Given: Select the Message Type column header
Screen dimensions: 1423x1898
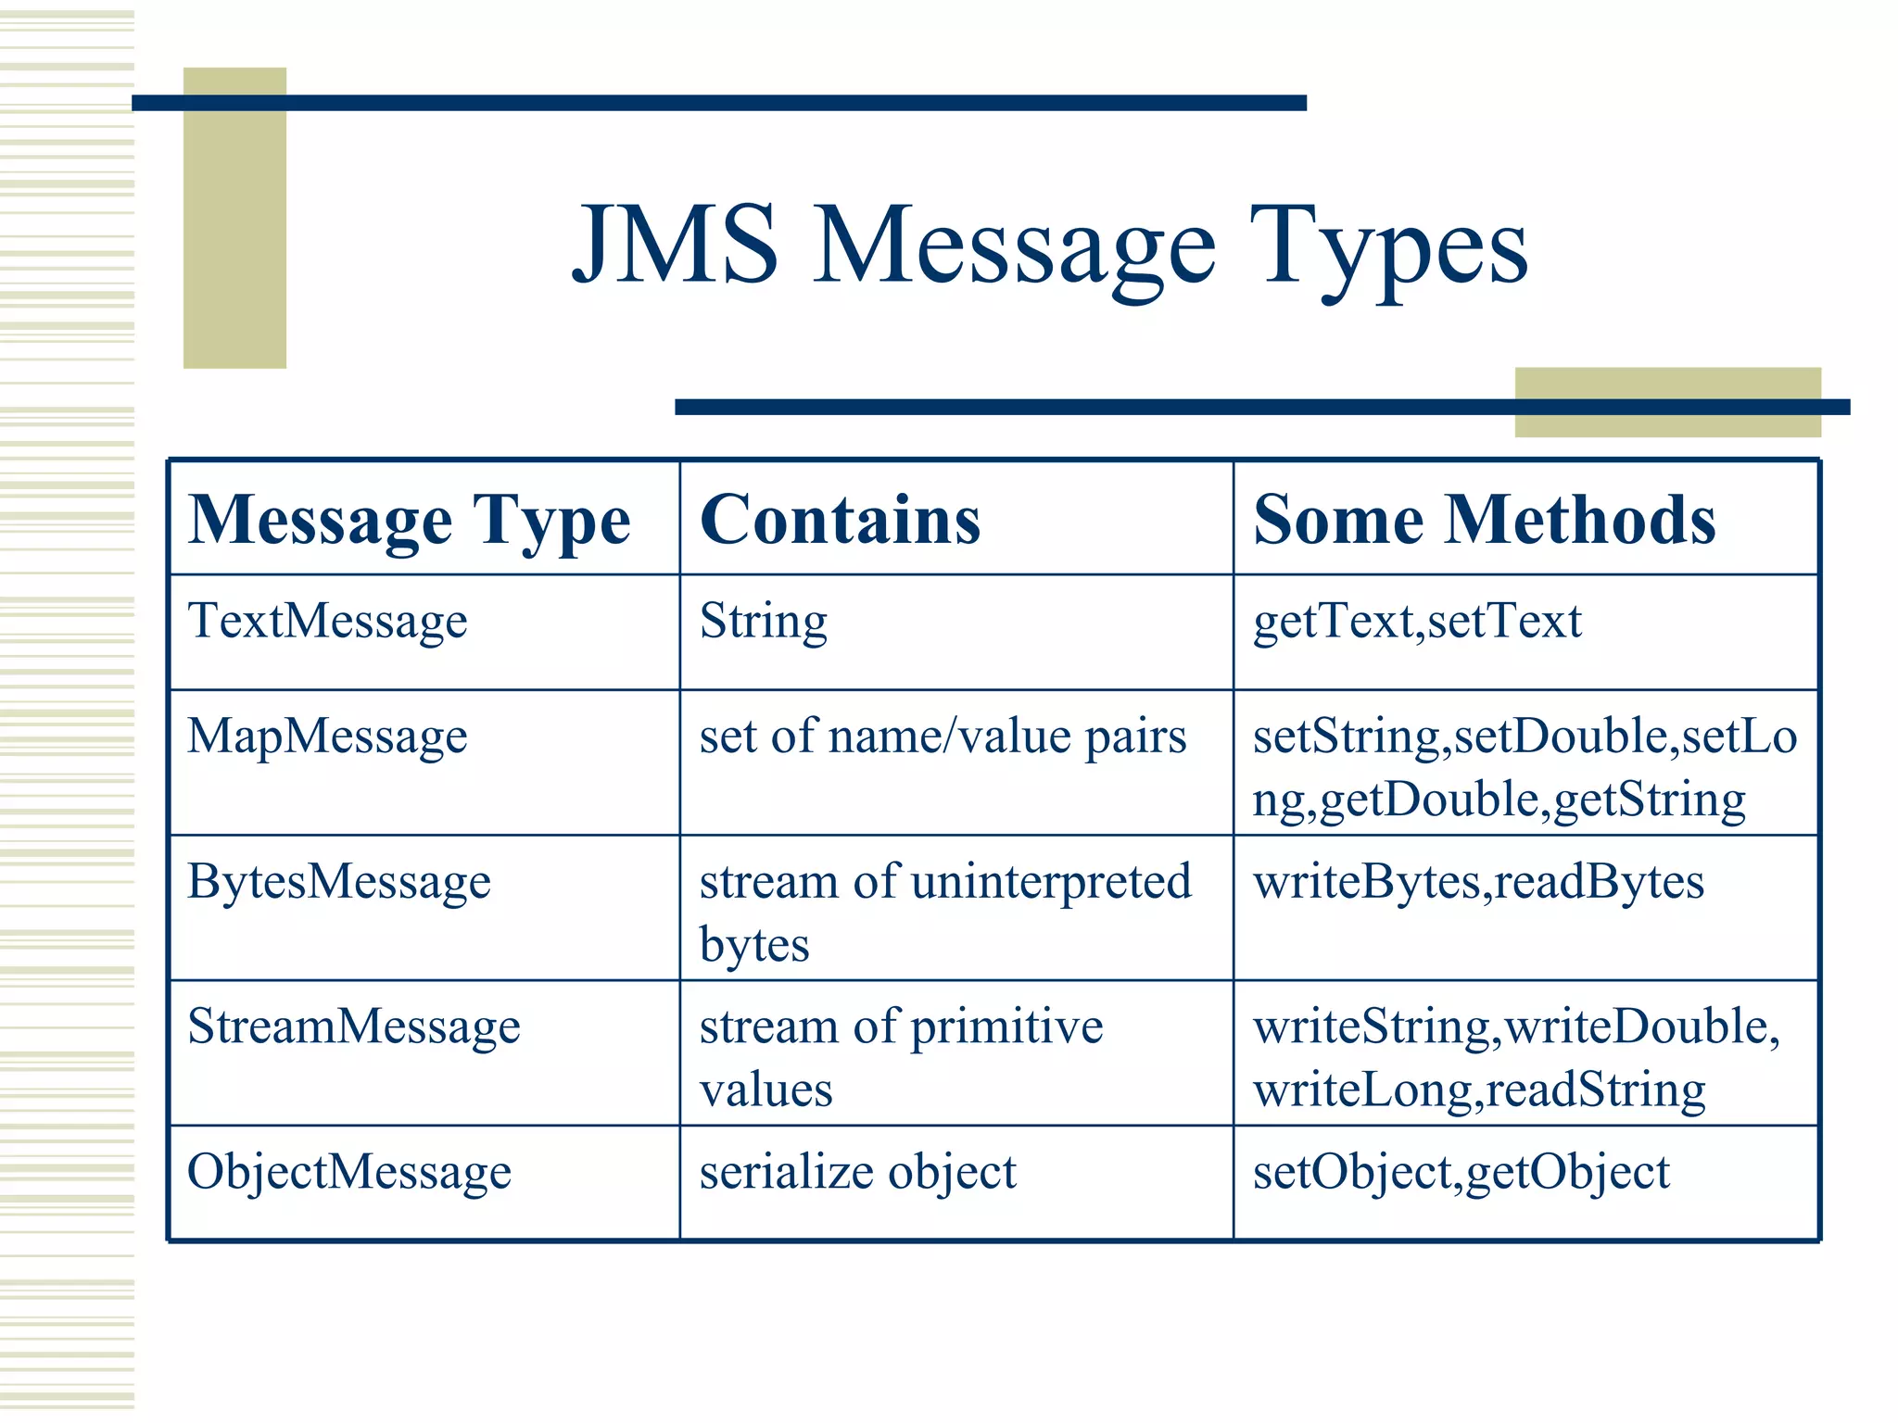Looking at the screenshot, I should point(409,521).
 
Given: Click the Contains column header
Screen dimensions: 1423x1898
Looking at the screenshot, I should point(840,521).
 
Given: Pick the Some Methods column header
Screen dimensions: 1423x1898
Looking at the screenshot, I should point(1484,521).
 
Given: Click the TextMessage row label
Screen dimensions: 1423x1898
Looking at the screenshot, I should point(327,621).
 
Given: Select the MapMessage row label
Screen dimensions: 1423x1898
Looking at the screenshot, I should point(327,737).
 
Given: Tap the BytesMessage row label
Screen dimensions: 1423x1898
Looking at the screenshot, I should point(339,881).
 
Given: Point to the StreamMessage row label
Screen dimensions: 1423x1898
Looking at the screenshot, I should point(353,1026).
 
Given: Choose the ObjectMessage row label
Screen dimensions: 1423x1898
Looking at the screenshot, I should point(348,1172).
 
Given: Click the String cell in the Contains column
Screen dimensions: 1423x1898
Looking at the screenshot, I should point(763,621).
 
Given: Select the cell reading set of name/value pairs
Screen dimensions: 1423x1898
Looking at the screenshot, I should point(943,737).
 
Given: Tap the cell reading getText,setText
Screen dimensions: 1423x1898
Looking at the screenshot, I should point(1417,621).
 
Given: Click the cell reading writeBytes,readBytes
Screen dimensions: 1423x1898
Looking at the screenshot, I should point(1478,881).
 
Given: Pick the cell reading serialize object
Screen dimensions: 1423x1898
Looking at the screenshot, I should point(857,1172).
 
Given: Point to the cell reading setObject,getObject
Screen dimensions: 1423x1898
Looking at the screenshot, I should point(1461,1172).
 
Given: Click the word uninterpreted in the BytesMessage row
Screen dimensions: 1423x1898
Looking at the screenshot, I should point(1051,881).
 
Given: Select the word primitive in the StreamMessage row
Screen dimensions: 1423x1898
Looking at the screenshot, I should point(1006,1026).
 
